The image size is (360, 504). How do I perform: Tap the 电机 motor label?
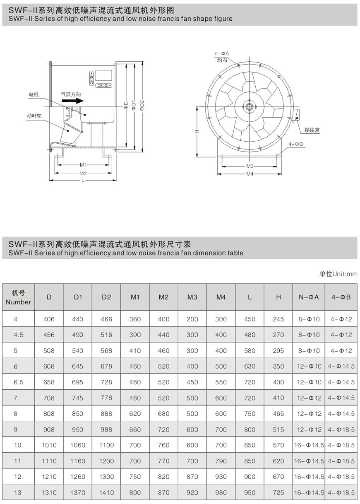[x=34, y=95]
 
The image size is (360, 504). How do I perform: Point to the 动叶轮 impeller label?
[x=34, y=116]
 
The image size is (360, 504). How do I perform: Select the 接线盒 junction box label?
[x=312, y=130]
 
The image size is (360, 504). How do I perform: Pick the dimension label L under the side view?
[x=83, y=180]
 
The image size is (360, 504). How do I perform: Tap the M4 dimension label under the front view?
[x=250, y=174]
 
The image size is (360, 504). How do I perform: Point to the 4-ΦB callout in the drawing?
[x=296, y=144]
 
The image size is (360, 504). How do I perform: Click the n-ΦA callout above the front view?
[x=222, y=54]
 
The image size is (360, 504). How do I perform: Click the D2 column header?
[x=106, y=297]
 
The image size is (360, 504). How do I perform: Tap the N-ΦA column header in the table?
[x=309, y=297]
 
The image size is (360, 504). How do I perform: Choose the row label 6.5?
[x=18, y=382]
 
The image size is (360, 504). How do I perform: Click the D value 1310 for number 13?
[x=49, y=493]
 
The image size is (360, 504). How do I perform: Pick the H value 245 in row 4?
[x=278, y=319]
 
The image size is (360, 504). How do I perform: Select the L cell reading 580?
[x=250, y=351]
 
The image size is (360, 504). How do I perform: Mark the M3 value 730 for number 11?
[x=192, y=461]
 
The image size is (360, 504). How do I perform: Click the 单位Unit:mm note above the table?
[x=338, y=274]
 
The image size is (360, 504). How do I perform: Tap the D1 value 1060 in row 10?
[x=77, y=445]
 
